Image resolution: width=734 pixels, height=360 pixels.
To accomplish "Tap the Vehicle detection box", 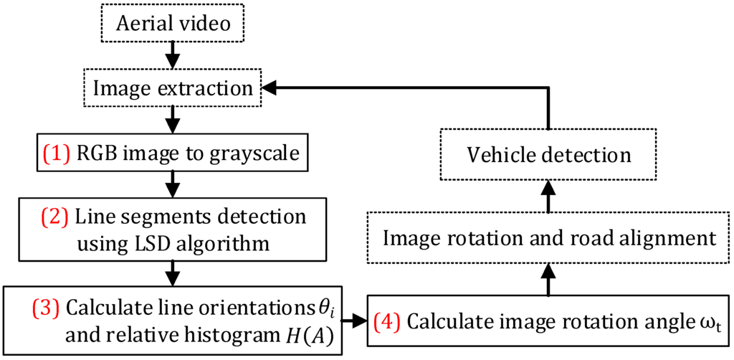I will tap(548, 154).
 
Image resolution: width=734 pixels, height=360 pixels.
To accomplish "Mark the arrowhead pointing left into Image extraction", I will tap(268, 87).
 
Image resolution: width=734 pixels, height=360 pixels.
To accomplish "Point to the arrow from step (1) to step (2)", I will tap(171, 189).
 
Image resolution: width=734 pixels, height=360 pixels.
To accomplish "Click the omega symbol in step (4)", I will tap(707, 323).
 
